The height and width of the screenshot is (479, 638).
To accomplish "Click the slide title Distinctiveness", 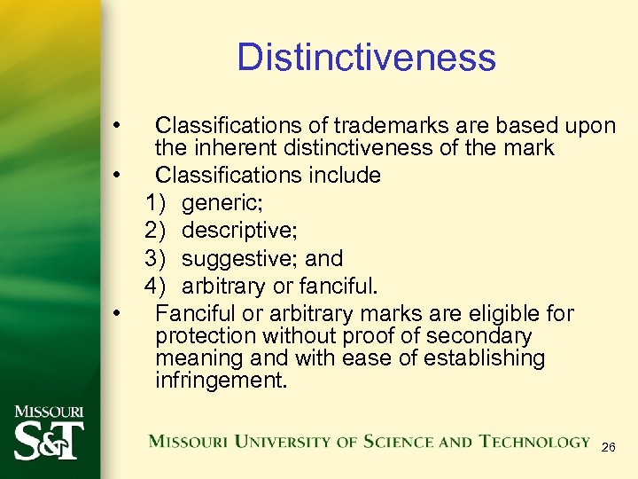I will point(366,58).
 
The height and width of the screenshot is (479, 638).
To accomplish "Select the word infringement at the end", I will point(220,381).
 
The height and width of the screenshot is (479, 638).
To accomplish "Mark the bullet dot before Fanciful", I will point(116,313).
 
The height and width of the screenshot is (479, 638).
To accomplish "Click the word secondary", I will point(479,336).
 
